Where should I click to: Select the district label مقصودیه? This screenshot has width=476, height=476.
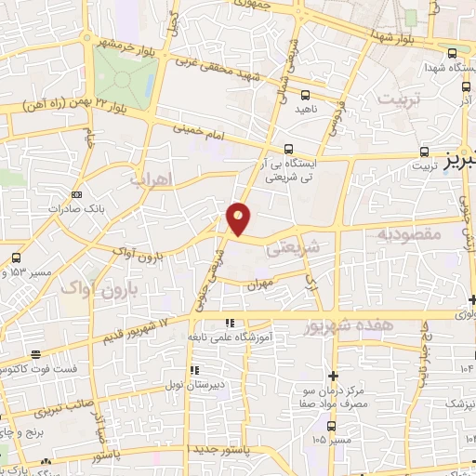(x=407, y=235)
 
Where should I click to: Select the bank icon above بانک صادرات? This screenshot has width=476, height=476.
(x=76, y=195)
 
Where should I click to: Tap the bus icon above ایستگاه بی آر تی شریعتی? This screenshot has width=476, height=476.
(x=290, y=148)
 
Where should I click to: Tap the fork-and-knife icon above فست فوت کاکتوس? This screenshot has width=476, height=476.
(x=35, y=355)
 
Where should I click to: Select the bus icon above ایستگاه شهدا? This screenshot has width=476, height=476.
(x=451, y=53)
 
